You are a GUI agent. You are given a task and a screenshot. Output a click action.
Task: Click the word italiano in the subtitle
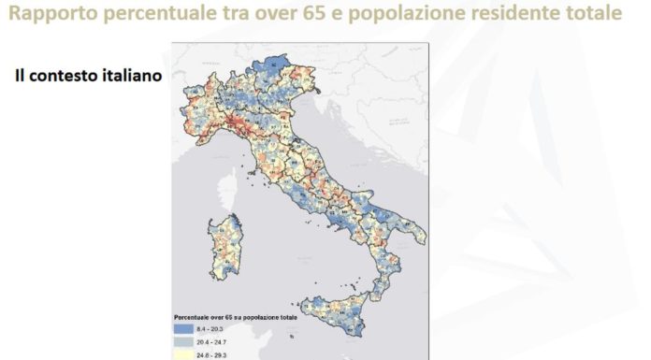pyautogui.click(x=130, y=75)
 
